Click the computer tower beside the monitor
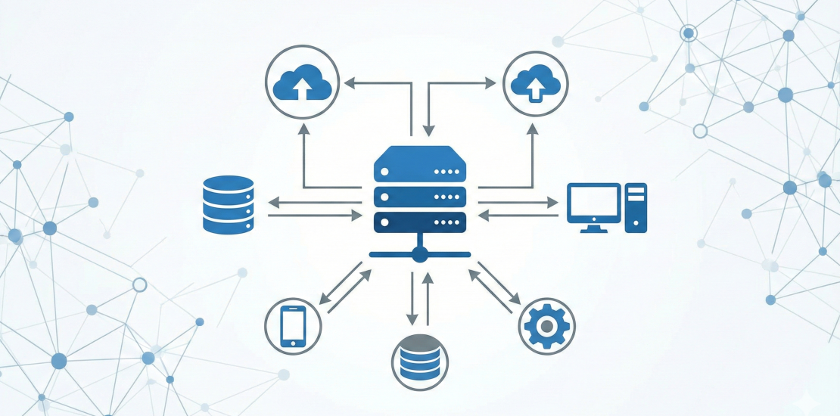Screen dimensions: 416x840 click(x=636, y=206)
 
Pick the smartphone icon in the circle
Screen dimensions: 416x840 click(x=293, y=327)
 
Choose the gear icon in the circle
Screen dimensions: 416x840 click(x=547, y=326)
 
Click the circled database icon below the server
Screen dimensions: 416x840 click(x=419, y=361)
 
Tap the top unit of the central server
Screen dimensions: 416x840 click(x=419, y=168)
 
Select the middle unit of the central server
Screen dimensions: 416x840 click(x=419, y=197)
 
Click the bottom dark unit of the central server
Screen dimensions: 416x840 click(x=419, y=222)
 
